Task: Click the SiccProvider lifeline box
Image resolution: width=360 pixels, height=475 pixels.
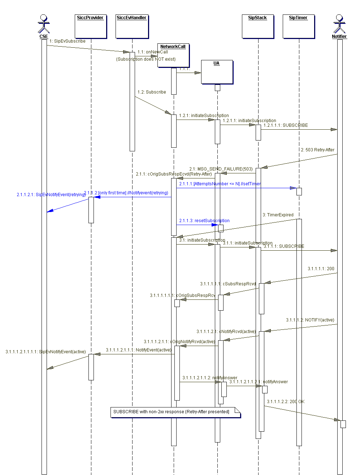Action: (x=91, y=26)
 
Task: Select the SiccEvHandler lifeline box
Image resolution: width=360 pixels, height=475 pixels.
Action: (x=132, y=26)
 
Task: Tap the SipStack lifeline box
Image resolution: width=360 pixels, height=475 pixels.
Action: (x=258, y=26)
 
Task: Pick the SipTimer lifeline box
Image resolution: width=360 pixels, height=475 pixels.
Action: (x=299, y=26)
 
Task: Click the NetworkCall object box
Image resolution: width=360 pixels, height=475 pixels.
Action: (x=173, y=55)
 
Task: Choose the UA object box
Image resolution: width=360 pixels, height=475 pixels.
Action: (x=217, y=72)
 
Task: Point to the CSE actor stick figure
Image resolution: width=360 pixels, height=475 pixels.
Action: (x=44, y=24)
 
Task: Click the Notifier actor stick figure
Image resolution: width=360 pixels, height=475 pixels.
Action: (x=339, y=24)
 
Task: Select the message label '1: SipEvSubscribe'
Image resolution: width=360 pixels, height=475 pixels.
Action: (x=68, y=41)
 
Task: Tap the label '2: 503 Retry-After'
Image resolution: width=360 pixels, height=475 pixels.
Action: (x=318, y=150)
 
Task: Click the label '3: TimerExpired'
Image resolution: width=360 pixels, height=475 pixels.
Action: (x=278, y=215)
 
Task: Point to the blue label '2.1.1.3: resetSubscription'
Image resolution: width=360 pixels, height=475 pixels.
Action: (x=204, y=221)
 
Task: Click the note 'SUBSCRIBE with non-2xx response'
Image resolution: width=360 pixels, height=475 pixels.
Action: (x=175, y=412)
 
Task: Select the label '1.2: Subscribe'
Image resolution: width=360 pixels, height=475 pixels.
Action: (x=152, y=92)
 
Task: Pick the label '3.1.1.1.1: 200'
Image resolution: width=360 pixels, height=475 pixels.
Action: (x=321, y=269)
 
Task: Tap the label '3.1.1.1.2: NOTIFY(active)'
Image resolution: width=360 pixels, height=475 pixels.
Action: (x=310, y=320)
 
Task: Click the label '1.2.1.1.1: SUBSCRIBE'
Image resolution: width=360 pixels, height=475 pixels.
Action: (x=286, y=125)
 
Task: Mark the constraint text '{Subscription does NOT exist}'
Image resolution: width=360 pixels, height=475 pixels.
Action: (x=146, y=59)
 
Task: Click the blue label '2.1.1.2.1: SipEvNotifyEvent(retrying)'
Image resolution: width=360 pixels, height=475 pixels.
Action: (x=51, y=195)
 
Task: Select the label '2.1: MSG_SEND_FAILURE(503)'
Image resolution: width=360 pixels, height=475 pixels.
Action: (x=221, y=169)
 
